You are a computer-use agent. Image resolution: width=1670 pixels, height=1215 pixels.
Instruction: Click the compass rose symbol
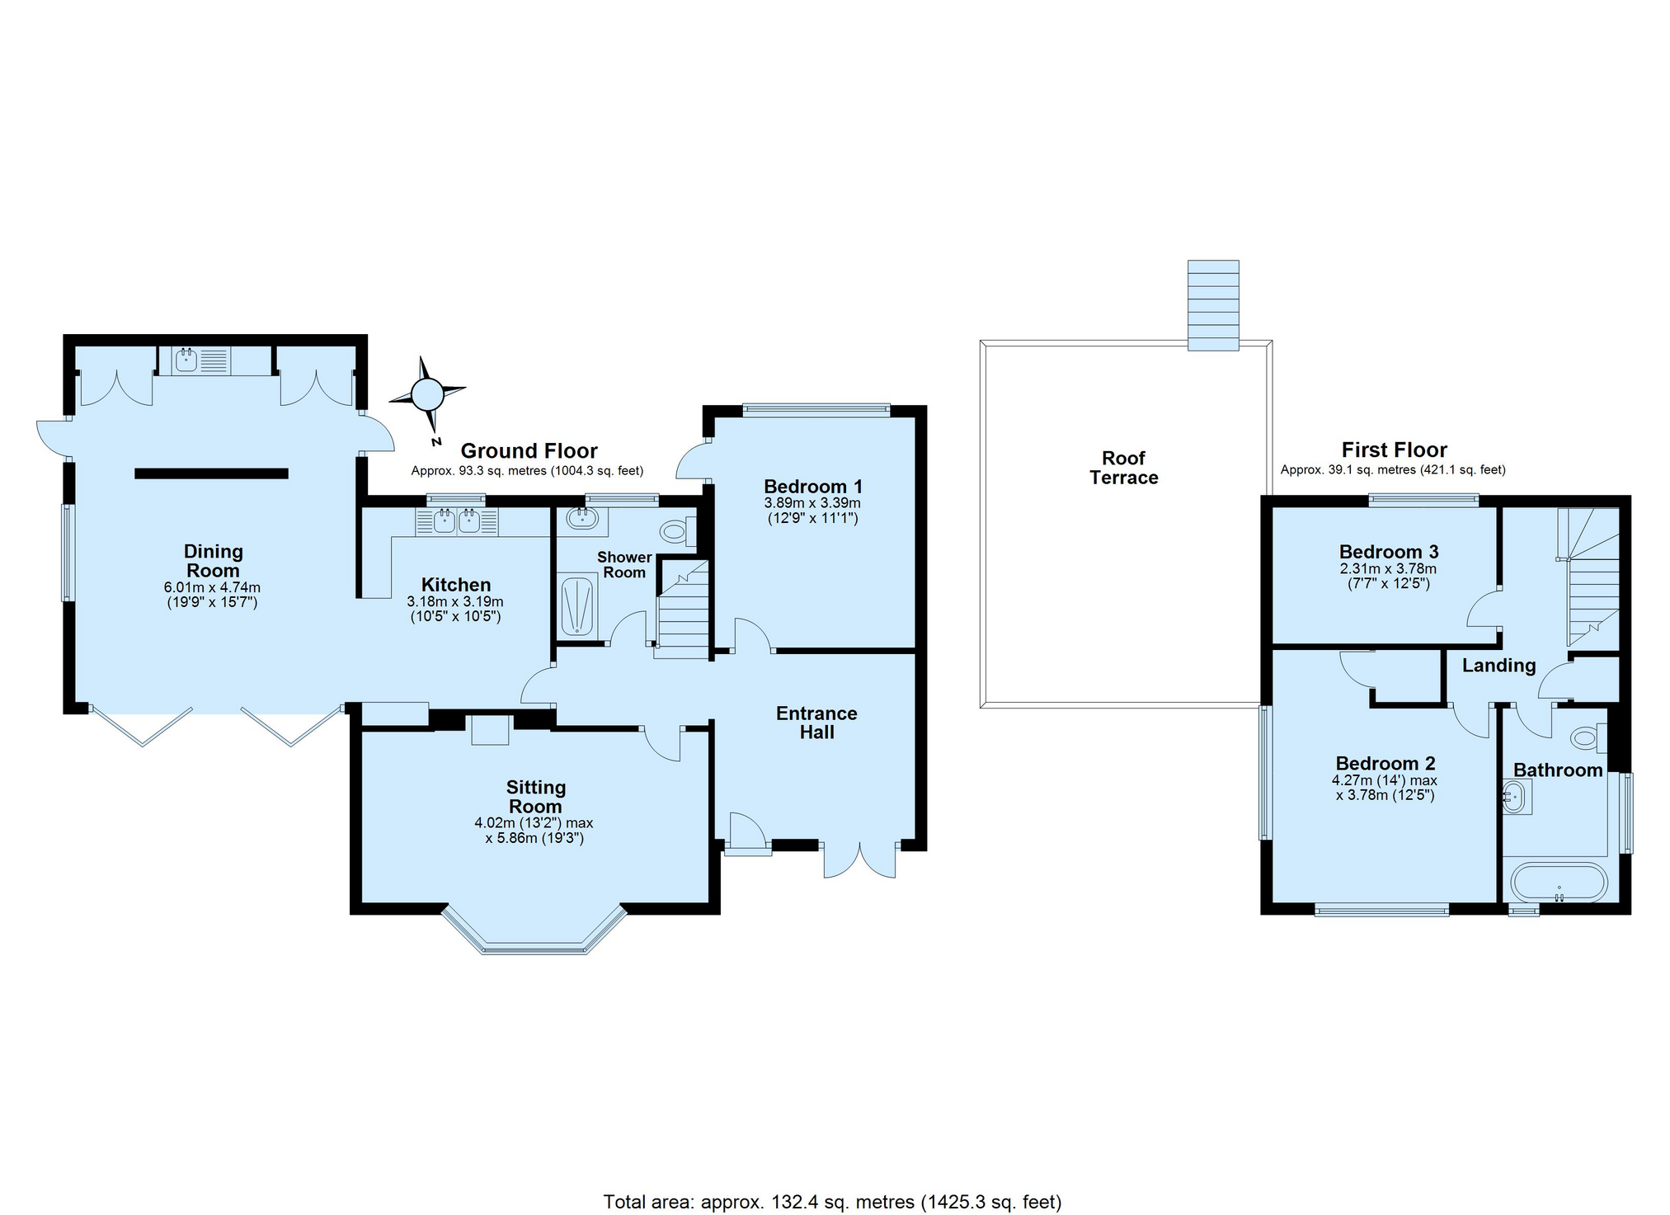click(x=427, y=394)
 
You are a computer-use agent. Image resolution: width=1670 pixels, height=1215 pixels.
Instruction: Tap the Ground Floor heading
click(x=529, y=450)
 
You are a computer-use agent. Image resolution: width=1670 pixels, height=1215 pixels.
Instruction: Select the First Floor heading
click(x=1394, y=450)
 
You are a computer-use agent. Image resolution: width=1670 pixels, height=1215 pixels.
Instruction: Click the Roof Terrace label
click(x=1123, y=468)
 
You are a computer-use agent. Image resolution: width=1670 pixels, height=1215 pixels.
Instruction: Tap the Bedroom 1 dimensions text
click(x=811, y=511)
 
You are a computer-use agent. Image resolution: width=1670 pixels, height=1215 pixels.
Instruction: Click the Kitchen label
click(x=456, y=584)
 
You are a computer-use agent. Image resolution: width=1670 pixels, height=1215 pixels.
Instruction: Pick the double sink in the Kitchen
click(x=457, y=520)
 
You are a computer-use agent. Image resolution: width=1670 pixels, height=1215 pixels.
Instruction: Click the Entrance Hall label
click(x=816, y=723)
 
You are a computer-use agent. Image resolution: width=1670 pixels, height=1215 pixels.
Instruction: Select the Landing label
click(x=1498, y=665)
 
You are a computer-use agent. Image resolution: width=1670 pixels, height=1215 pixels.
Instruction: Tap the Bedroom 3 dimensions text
click(x=1388, y=576)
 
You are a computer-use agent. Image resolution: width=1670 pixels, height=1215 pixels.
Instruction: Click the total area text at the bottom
click(x=832, y=1202)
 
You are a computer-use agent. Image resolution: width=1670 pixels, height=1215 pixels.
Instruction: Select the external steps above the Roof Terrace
click(x=1212, y=305)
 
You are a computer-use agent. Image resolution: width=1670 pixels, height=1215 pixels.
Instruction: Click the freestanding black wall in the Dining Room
click(x=211, y=473)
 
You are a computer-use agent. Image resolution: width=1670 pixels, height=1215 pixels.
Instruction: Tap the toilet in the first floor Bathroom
click(x=1586, y=737)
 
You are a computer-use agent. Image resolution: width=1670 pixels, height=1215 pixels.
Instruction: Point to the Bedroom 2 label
click(x=1385, y=763)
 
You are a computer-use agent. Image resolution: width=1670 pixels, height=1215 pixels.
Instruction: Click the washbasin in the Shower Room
click(x=582, y=518)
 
